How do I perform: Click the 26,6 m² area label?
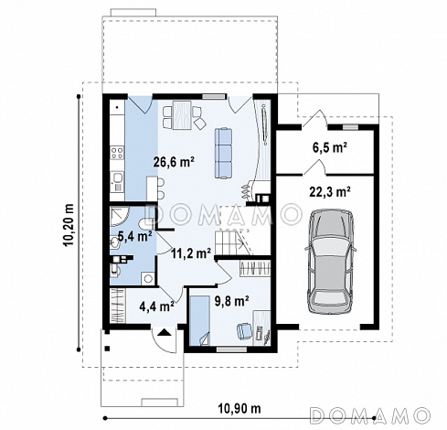pos(174,162)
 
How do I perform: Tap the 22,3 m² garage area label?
pos(330,192)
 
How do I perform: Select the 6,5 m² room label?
pos(330,147)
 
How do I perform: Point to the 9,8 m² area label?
pos(232,301)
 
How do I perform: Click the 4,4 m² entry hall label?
pos(156,306)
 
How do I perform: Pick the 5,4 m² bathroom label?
pos(135,236)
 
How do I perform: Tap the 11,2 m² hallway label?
pos(191,253)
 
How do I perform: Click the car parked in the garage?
pos(331,261)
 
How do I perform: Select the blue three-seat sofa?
pos(223,153)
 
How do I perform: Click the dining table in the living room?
pos(182,115)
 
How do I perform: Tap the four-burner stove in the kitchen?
pos(117,153)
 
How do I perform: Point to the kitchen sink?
pos(117,177)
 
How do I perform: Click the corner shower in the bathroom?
pos(120,217)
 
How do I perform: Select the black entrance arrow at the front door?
pos(164,332)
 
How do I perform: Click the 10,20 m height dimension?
pos(69,224)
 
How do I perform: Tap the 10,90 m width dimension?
pos(239,408)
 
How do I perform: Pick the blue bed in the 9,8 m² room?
pos(199,320)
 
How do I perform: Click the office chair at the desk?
pos(244,330)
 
